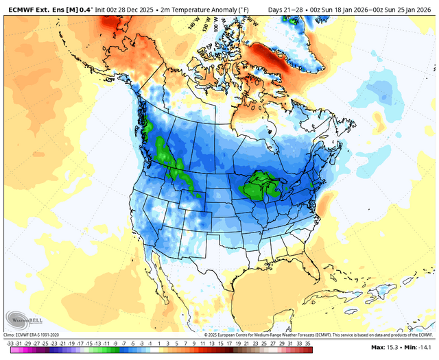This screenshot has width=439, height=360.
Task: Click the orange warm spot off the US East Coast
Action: (x=327, y=202)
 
